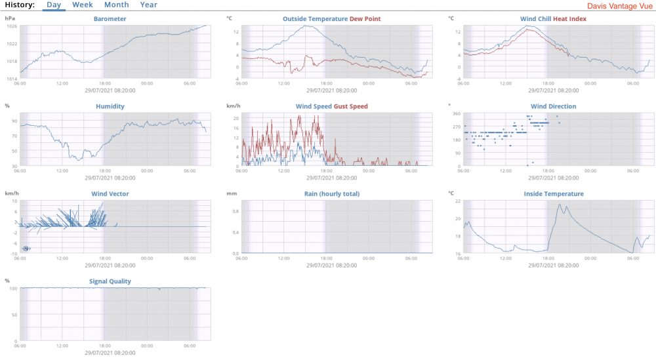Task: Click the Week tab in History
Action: (x=82, y=5)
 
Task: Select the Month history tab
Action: (x=116, y=5)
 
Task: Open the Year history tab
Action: (x=149, y=5)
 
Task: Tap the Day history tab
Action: (x=54, y=5)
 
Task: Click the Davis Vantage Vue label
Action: (x=619, y=5)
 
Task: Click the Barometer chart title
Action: (x=110, y=19)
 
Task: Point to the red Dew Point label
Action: (x=365, y=19)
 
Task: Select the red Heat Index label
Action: (x=570, y=19)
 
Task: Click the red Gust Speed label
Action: (x=351, y=106)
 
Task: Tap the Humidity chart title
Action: (x=110, y=106)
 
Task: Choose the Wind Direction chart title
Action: (x=553, y=106)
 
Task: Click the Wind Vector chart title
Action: (x=110, y=194)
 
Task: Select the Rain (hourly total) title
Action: (x=332, y=194)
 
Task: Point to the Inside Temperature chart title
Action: (x=553, y=194)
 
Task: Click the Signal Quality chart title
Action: (x=110, y=281)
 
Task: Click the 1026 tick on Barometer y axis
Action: (x=12, y=26)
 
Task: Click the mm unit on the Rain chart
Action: (x=231, y=193)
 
